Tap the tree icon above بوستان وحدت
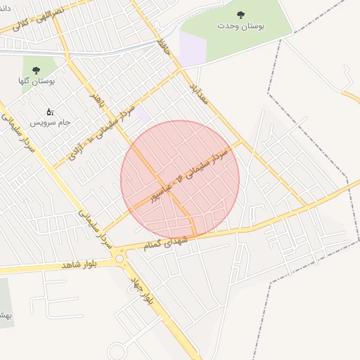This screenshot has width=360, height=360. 241,13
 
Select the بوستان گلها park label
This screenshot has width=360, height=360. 37,81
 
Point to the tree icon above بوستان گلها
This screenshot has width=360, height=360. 36,70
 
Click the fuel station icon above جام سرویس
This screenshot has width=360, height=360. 50,112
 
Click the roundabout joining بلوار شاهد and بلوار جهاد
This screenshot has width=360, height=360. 119,259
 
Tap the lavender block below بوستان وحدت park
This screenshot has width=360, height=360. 192,48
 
